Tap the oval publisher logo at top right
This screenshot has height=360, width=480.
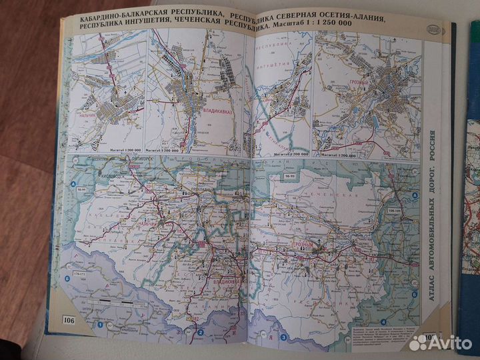(435, 30)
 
